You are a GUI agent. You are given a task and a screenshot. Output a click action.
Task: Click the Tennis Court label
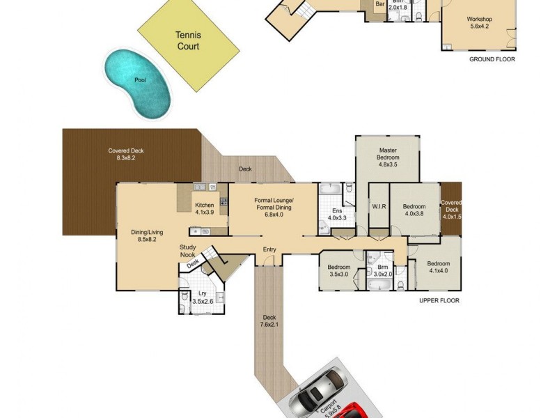(187, 40)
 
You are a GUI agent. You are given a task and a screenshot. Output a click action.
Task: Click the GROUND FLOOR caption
(492, 60)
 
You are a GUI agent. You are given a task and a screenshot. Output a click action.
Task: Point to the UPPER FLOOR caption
(439, 301)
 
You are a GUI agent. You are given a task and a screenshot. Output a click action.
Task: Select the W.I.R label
(379, 206)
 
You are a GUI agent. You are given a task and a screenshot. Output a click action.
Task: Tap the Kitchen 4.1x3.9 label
(204, 210)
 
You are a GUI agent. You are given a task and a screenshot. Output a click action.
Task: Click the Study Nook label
(187, 251)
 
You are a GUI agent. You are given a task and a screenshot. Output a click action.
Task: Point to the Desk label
(193, 263)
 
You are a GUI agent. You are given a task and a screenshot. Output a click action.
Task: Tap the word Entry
(270, 249)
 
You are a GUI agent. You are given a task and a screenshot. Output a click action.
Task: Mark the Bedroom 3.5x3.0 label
(339, 270)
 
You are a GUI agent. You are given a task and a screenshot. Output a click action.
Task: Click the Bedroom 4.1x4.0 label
(439, 268)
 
